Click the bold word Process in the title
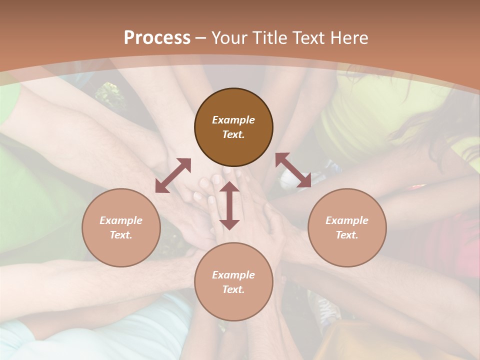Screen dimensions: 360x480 click(x=157, y=38)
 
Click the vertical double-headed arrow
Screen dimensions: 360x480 click(x=229, y=205)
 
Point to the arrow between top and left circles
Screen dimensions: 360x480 click(x=173, y=175)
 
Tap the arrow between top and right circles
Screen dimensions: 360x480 click(x=293, y=170)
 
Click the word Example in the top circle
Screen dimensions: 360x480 click(x=233, y=120)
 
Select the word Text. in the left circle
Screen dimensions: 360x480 click(x=121, y=235)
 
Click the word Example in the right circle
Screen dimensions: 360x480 click(x=347, y=220)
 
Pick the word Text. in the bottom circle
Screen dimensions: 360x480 click(x=233, y=289)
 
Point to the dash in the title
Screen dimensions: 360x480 click(x=200, y=38)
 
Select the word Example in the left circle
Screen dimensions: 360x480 click(x=121, y=220)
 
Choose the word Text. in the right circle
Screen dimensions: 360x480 click(x=347, y=235)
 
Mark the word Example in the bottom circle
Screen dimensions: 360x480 click(x=233, y=275)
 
